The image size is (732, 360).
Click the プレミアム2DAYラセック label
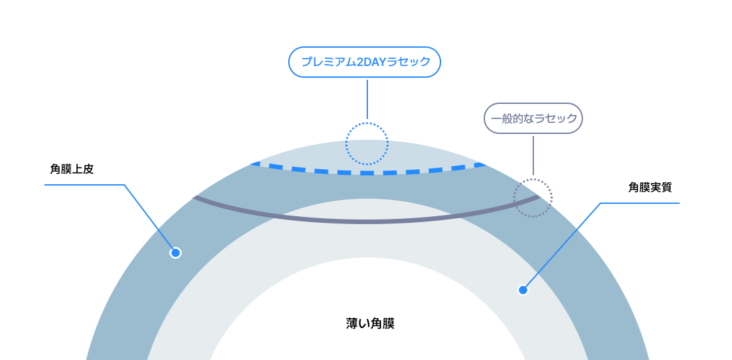pos(365,62)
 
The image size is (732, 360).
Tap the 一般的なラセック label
pos(533,118)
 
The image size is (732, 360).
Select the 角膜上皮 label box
pos(72,169)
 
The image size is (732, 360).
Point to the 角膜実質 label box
pos(650,187)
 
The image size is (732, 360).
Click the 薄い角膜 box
pos(370,323)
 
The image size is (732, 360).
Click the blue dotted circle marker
pos(367,143)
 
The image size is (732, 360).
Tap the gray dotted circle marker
pos(533,197)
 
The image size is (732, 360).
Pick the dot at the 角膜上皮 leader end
pos(175,253)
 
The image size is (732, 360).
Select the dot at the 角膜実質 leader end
pos(522,290)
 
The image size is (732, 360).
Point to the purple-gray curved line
pos(366,221)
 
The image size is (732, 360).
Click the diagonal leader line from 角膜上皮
pos(149,218)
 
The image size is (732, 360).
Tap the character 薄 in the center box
pos(352,323)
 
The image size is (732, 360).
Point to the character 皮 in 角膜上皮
pos(88,169)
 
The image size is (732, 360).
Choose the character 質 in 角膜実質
pos(666,187)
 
